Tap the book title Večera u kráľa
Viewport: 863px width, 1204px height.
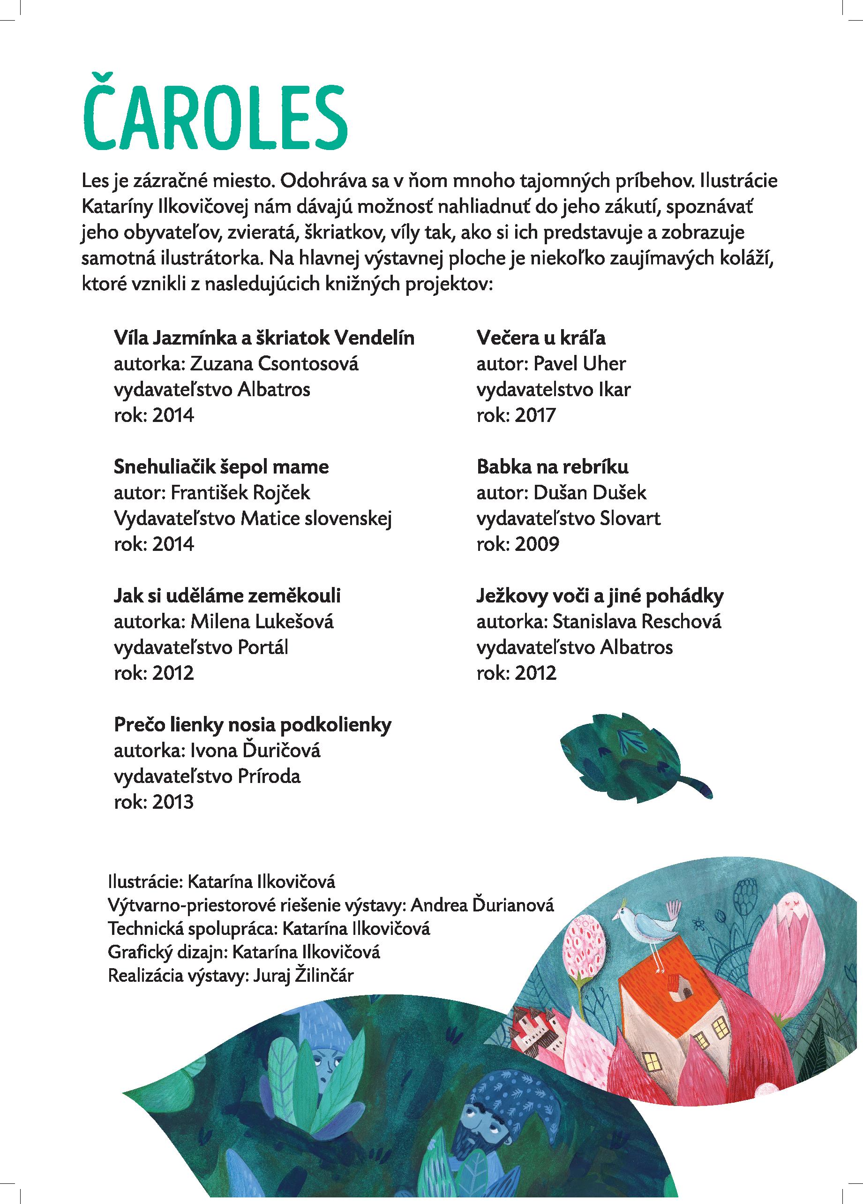click(x=541, y=338)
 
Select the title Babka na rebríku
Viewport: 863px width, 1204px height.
click(x=552, y=467)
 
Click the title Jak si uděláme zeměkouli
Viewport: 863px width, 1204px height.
click(x=227, y=595)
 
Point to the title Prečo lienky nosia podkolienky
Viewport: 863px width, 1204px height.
click(x=253, y=725)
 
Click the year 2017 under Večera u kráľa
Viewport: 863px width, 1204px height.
click(x=534, y=415)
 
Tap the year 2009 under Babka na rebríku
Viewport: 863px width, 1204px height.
click(x=537, y=544)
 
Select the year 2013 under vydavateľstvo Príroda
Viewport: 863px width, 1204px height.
click(x=173, y=802)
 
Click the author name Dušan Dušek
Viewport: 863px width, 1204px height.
click(x=590, y=493)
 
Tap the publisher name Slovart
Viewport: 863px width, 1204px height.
click(x=630, y=518)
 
